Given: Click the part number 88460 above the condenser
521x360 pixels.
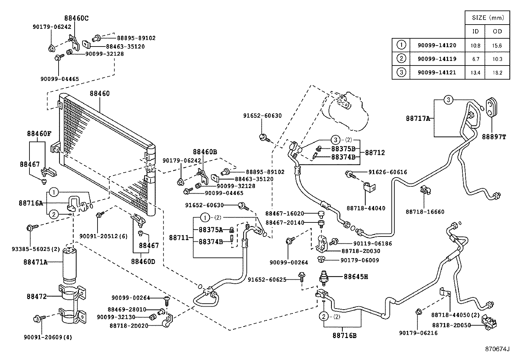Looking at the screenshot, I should [100, 94].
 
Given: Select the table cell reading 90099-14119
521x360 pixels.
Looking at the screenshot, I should [437, 59].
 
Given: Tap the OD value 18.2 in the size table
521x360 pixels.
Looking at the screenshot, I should [497, 73].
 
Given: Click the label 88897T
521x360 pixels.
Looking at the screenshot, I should [494, 137].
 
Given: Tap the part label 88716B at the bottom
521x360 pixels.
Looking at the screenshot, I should [344, 335].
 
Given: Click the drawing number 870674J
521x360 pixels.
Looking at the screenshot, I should [497, 349].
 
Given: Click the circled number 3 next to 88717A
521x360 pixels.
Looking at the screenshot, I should [448, 100].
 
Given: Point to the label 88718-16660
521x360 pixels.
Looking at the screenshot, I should [425, 212].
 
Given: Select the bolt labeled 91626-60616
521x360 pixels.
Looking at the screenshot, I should [350, 174].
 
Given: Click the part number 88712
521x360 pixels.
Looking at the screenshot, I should [375, 153].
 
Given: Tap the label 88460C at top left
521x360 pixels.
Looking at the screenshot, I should [76, 18].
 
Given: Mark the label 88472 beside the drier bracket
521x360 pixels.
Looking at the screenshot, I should [37, 296].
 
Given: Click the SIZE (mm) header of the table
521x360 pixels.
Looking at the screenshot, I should [488, 18].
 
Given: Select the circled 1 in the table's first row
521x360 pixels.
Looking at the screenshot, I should [401, 45].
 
